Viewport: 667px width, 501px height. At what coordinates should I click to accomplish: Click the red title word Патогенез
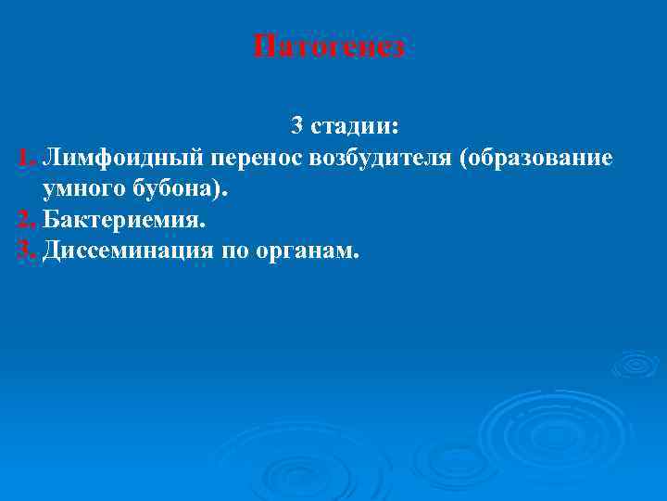point(329,46)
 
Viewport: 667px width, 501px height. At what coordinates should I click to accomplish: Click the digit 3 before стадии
point(297,125)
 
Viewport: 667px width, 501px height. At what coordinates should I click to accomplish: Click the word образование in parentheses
point(541,157)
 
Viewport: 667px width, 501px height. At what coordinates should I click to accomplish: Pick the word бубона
point(173,189)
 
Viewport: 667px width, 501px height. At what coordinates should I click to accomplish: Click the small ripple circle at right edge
point(636,365)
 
